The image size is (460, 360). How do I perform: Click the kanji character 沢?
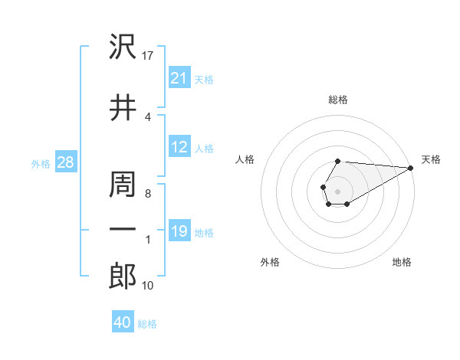tap(123, 47)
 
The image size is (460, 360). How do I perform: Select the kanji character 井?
tap(123, 106)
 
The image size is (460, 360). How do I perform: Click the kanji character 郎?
tap(123, 276)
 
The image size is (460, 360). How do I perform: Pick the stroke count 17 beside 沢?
tap(149, 56)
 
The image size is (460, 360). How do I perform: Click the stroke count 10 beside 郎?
tap(149, 286)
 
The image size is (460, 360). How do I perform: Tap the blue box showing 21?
tap(179, 78)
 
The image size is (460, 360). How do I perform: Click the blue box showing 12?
tap(179, 148)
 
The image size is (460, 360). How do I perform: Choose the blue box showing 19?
tap(179, 231)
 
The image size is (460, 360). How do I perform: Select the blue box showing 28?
tap(66, 162)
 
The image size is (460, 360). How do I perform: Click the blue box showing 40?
tap(123, 323)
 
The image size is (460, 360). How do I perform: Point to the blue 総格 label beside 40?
tap(147, 324)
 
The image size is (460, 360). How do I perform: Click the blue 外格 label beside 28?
tap(41, 163)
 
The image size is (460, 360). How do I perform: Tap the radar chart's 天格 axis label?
tap(431, 159)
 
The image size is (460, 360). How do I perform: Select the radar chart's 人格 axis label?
tap(245, 159)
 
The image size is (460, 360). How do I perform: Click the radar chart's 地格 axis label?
tap(402, 263)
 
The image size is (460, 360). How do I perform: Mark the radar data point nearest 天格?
tap(411, 169)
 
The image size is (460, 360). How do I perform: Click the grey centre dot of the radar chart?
tap(337, 190)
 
